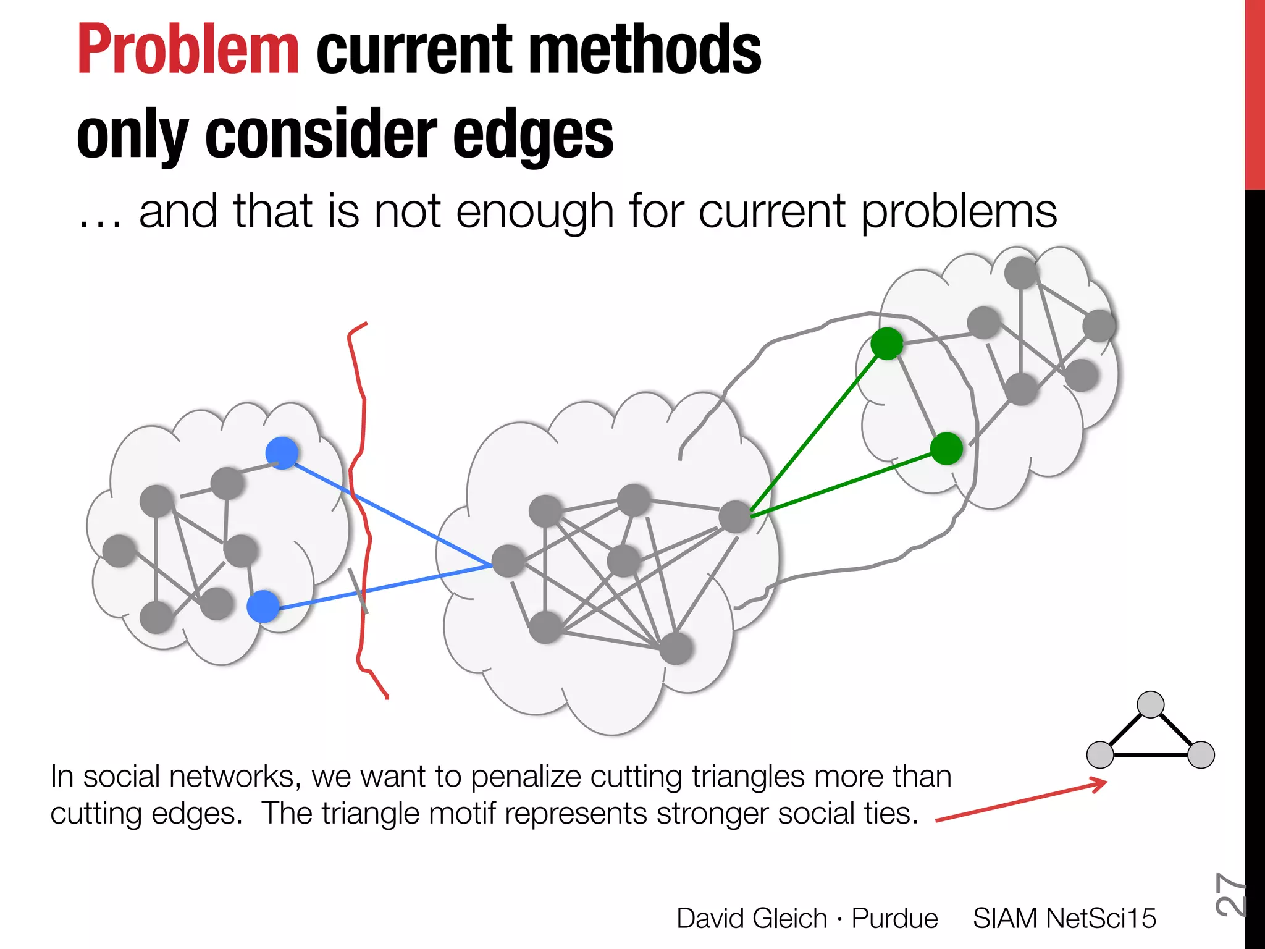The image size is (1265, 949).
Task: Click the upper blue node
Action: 282,453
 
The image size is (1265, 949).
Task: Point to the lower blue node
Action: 263,606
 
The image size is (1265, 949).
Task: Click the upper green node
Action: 887,344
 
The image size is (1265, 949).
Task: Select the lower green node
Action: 946,449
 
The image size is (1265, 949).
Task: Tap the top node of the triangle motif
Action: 1150,704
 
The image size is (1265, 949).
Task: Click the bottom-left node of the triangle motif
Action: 1100,754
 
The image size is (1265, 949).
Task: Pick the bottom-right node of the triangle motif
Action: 1201,754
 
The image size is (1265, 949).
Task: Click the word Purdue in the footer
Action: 894,918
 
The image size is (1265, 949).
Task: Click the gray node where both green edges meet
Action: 735,517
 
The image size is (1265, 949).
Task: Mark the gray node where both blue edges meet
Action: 508,561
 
